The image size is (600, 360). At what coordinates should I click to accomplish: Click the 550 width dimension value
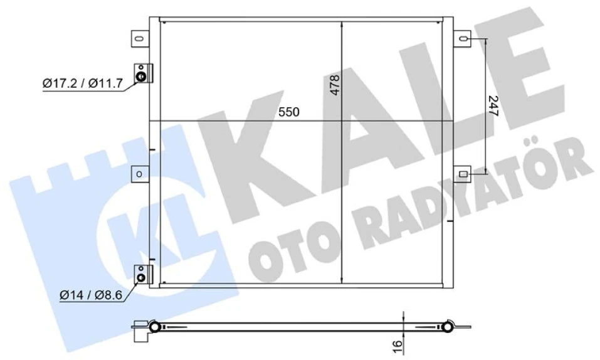(x=289, y=112)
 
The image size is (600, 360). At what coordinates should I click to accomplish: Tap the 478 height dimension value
(x=335, y=85)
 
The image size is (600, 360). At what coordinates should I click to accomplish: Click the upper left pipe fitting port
(x=142, y=77)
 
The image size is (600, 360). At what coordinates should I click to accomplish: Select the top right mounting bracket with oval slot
(x=463, y=40)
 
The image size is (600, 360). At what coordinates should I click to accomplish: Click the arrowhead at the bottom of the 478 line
(x=341, y=280)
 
